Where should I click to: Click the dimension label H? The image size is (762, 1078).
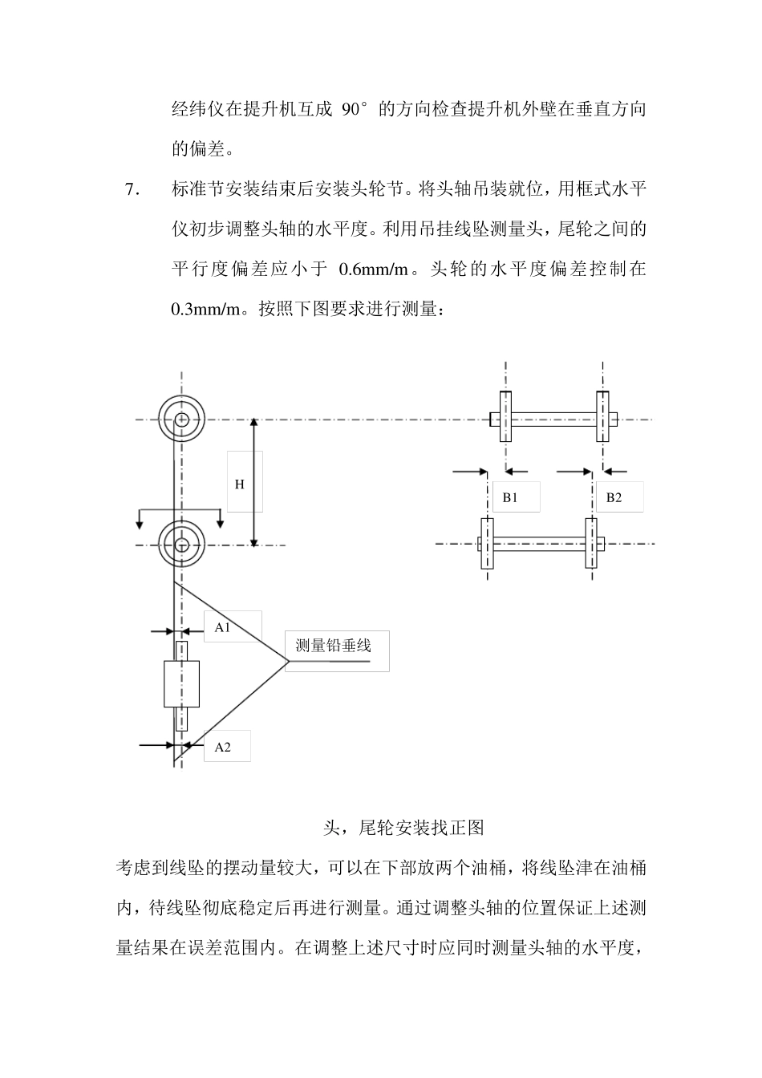click(x=239, y=484)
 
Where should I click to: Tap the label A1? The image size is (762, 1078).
click(x=222, y=628)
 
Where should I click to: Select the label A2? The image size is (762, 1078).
click(x=222, y=747)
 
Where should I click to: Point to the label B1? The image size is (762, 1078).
click(x=510, y=497)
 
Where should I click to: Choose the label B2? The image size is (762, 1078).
click(x=614, y=497)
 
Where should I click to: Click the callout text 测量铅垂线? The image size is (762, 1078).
click(x=333, y=645)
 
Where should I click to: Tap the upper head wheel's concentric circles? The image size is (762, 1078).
click(x=181, y=419)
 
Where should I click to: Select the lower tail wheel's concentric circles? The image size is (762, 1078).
click(x=181, y=545)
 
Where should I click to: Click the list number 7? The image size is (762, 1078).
click(x=132, y=190)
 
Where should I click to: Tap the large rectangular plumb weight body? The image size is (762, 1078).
click(x=181, y=683)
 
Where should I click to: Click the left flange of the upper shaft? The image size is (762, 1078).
click(x=505, y=416)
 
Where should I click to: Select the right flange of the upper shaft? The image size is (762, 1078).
click(x=602, y=416)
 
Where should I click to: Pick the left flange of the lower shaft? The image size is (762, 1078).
click(x=486, y=544)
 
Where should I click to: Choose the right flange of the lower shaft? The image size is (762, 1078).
click(x=591, y=544)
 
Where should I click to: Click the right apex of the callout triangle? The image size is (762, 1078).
click(x=287, y=661)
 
